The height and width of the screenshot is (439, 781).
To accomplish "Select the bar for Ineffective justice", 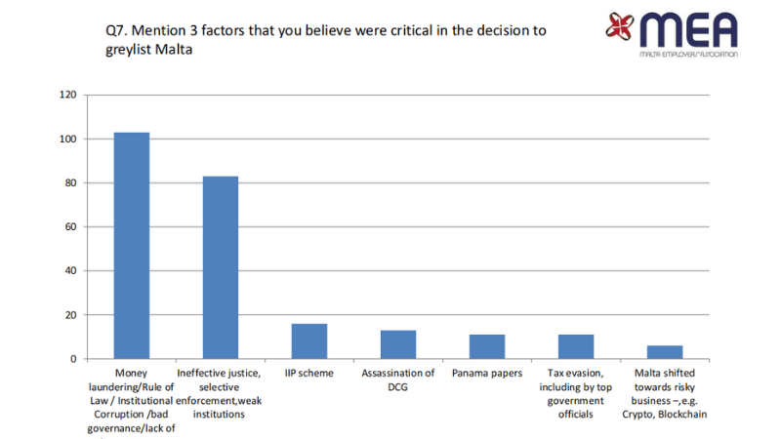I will point(221,267).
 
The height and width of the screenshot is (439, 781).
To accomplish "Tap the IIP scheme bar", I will point(309,341).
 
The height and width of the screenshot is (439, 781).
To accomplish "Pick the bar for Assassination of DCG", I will point(398,344).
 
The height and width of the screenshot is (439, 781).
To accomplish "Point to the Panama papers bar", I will point(487,346).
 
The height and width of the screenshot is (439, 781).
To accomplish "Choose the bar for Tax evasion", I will point(576,346).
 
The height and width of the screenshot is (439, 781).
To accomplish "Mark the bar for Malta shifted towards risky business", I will point(665,352).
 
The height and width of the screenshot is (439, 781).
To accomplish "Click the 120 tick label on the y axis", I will point(67,95).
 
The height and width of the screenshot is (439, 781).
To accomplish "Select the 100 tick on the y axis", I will point(67,139).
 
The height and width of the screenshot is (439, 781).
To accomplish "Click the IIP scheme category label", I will point(309,374).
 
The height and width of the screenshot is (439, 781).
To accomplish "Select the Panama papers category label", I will point(487,374).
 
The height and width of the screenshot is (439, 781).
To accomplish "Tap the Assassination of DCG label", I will point(398,379).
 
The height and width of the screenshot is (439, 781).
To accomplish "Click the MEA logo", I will point(673,34).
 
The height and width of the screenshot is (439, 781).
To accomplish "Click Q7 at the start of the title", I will point(115,30).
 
